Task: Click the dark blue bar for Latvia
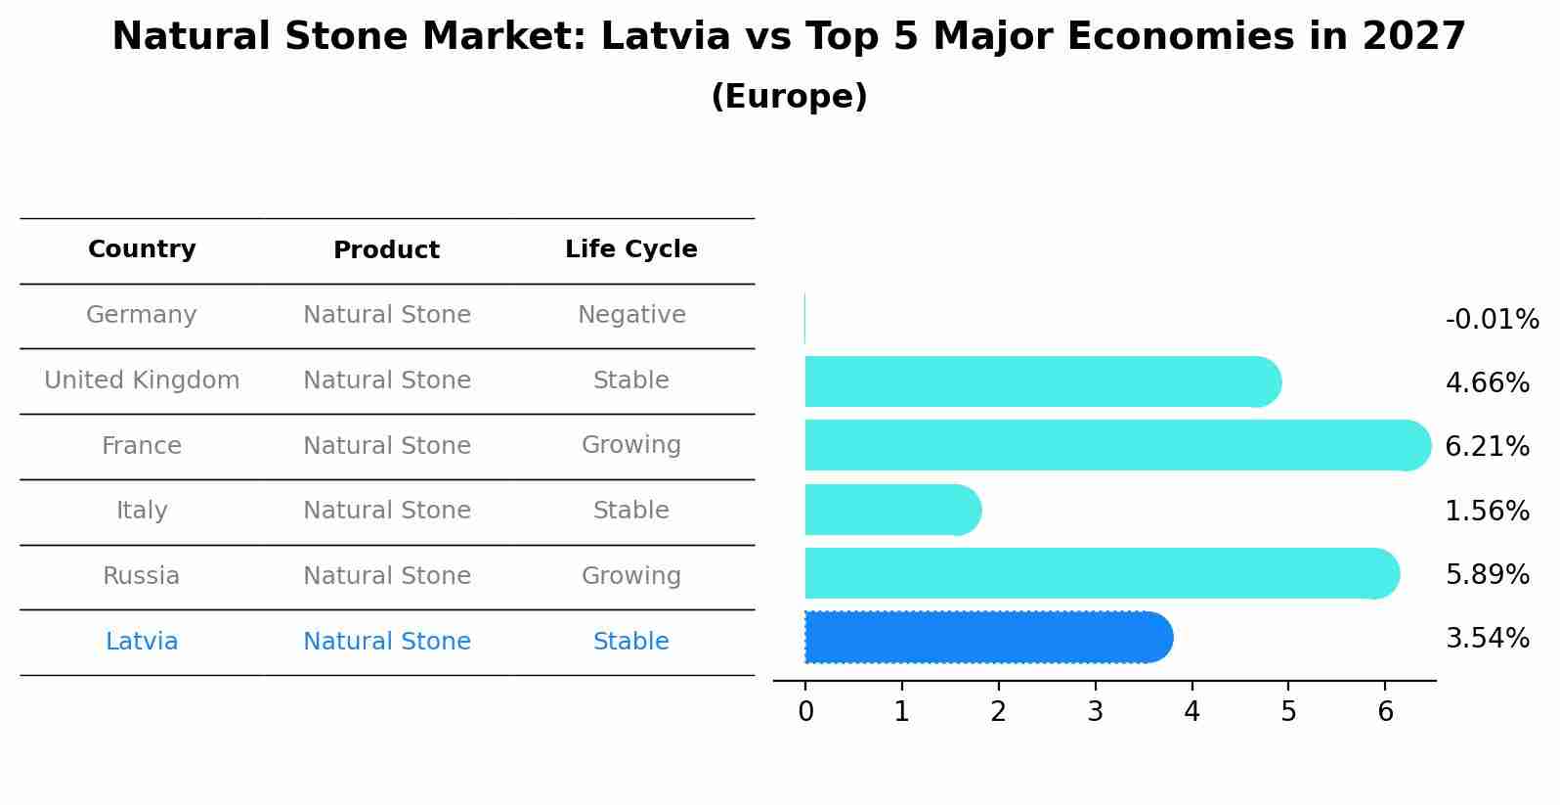[x=987, y=638]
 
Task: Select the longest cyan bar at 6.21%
[x=1114, y=445]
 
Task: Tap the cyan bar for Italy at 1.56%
[x=891, y=510]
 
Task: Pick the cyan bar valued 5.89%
[x=1100, y=573]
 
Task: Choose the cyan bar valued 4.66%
[x=1041, y=381]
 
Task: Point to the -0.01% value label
[x=1492, y=320]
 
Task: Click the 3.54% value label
[x=1487, y=639]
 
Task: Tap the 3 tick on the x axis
[x=1095, y=712]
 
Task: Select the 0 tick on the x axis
[x=805, y=712]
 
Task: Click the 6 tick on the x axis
[x=1385, y=712]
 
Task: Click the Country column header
[x=142, y=249]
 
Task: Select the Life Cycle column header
[x=631, y=249]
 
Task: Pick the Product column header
[x=386, y=250]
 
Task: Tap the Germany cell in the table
[x=142, y=315]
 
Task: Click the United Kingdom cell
[x=142, y=380]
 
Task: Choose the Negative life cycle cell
[x=631, y=315]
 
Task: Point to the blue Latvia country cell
[x=142, y=642]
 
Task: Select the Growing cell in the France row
[x=631, y=445]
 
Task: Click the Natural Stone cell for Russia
[x=386, y=576]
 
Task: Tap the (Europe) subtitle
[x=789, y=97]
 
